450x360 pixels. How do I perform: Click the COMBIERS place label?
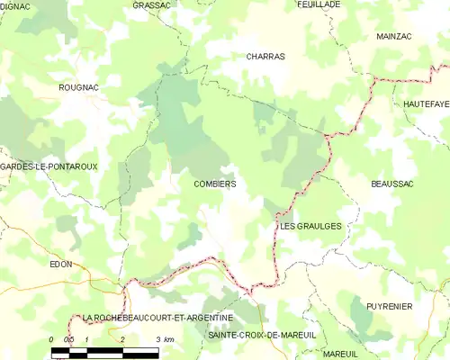point(214,184)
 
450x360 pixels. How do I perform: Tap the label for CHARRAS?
point(265,56)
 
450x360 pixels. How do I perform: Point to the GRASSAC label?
point(151,4)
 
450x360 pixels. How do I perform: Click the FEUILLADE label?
point(319,4)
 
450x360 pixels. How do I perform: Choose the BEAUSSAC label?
point(391,184)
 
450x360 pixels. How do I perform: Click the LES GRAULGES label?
point(310,226)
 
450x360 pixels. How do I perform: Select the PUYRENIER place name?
point(389,306)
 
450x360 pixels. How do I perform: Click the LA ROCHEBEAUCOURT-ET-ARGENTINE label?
point(157,318)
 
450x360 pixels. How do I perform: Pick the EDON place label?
point(60,265)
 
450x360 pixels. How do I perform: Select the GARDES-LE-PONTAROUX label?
point(49,166)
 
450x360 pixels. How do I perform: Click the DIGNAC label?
point(14,6)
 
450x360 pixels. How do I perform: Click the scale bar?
point(105,350)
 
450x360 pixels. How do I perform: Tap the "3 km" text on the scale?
point(163,339)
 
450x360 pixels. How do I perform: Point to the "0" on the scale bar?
point(52,339)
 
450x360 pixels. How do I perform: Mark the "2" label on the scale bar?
point(121,339)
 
